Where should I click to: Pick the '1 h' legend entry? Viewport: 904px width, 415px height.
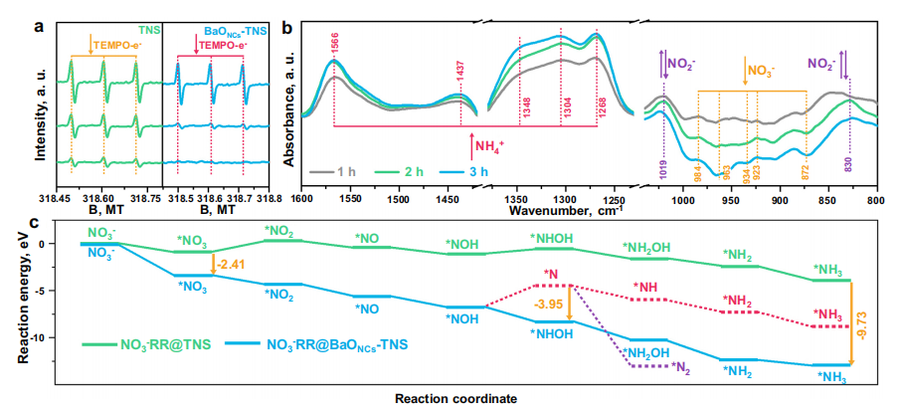337,172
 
